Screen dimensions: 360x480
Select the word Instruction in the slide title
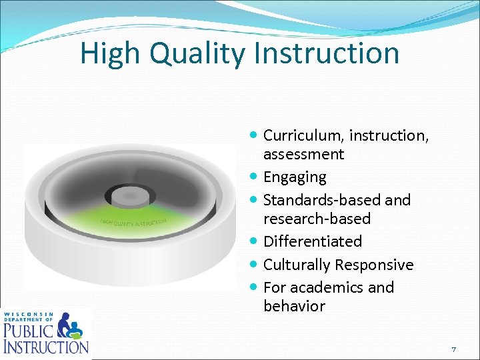323,53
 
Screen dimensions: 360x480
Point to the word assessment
303,154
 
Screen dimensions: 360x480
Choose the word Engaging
295,177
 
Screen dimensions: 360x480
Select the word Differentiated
313,241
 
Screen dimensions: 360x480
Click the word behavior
294,306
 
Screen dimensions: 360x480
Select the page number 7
453,349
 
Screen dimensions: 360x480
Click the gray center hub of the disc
129,197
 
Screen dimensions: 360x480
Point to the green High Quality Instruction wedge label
133,221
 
